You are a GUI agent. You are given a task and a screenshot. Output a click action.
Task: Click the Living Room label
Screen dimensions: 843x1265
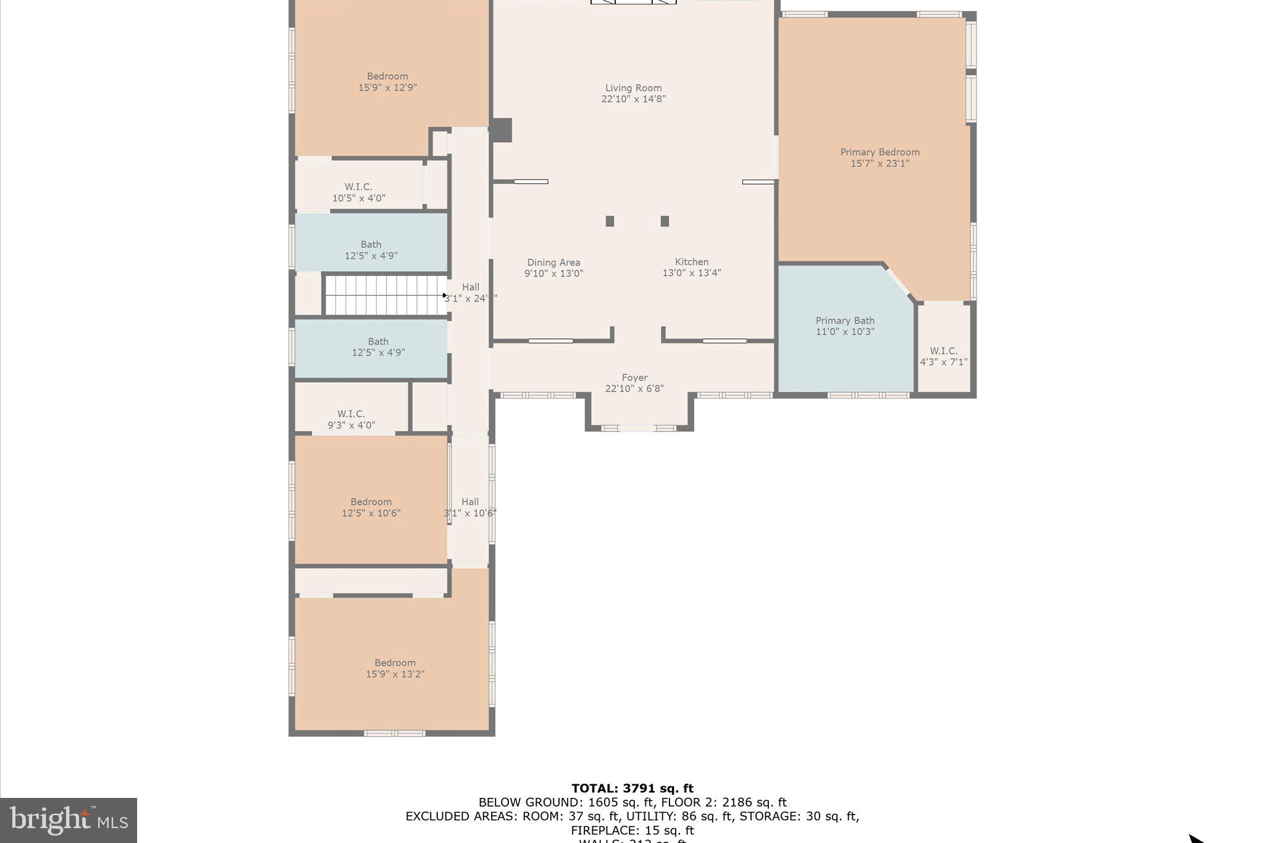coord(633,88)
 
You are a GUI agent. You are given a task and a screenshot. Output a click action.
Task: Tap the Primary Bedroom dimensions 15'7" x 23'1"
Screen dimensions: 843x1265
coord(880,164)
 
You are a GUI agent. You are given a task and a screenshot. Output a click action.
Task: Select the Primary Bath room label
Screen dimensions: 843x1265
coord(845,321)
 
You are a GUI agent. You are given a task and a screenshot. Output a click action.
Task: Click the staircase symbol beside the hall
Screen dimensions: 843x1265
coord(385,295)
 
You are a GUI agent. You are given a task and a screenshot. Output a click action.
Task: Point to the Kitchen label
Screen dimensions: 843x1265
coord(692,262)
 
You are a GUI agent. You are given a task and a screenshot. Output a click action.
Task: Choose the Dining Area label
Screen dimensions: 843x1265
coord(553,262)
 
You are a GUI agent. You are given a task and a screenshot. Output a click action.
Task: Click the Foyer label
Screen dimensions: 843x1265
coord(634,377)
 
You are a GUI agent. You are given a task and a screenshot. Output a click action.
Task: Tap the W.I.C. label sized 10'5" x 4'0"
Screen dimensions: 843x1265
coord(358,187)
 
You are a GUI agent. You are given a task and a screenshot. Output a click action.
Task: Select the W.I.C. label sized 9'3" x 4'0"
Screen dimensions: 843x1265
coord(351,414)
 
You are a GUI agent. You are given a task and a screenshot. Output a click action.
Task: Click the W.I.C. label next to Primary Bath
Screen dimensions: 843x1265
coord(943,351)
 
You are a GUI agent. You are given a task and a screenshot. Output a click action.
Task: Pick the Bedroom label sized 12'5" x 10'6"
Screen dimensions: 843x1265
coord(371,502)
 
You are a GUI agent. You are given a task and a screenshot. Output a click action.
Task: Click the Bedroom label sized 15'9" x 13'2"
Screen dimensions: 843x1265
coord(395,663)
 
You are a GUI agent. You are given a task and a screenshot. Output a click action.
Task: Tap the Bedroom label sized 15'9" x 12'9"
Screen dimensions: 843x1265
coord(387,77)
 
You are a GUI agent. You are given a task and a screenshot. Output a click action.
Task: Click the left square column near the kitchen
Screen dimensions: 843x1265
coord(610,221)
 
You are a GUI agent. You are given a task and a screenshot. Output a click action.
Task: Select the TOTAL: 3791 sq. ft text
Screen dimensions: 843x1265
coord(632,788)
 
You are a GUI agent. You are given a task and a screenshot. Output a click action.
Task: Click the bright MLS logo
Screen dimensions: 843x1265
coord(69,820)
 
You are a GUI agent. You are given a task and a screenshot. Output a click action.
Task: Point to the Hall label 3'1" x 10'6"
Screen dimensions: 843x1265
coord(470,502)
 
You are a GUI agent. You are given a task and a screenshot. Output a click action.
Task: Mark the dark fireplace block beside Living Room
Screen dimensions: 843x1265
coord(502,130)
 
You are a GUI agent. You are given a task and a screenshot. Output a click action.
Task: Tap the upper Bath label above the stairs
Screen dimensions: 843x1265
coord(371,245)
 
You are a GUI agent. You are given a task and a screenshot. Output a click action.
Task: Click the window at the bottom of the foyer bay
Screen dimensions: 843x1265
coord(639,428)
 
